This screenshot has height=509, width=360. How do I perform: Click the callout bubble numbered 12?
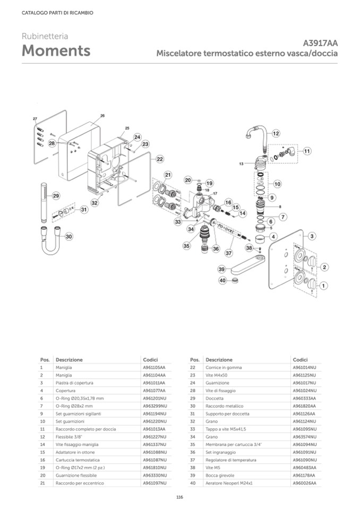click(x=276, y=134)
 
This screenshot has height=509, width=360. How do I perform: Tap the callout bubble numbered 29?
click(x=56, y=196)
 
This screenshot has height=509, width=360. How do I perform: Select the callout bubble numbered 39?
click(x=222, y=270)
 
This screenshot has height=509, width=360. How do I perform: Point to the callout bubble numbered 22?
click(x=159, y=159)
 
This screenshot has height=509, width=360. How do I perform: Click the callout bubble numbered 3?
click(x=312, y=236)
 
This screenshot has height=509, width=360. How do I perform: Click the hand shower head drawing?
click(x=44, y=201)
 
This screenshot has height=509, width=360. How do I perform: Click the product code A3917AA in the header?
click(x=320, y=43)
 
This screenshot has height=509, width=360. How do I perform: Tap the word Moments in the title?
click(x=56, y=51)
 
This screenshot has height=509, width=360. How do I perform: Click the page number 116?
click(x=179, y=497)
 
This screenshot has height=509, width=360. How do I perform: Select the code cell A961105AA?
click(x=155, y=367)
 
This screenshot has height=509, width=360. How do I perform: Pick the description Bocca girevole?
click(x=219, y=476)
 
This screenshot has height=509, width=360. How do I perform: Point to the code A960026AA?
click(x=304, y=484)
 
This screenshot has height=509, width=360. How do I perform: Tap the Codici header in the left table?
click(x=151, y=359)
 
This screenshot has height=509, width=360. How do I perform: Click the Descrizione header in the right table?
click(x=219, y=359)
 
